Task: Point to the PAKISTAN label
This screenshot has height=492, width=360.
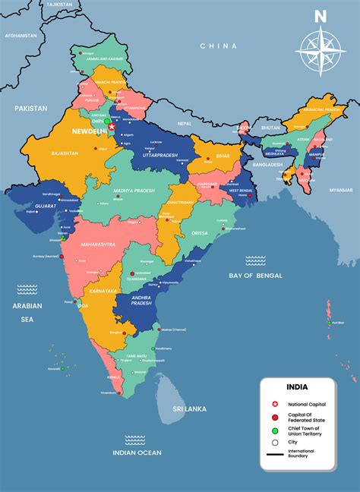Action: point(31,109)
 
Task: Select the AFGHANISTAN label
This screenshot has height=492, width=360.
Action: point(21,36)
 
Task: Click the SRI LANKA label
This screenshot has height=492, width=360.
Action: point(190,409)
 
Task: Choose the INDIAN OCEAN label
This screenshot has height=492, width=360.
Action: point(137,453)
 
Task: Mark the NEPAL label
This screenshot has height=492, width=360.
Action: point(185,123)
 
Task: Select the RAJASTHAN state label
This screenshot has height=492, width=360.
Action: point(65,153)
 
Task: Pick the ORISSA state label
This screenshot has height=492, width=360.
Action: point(199,233)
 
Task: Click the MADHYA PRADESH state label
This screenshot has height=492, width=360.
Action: point(134,191)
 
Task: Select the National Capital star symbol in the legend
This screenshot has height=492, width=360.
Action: point(273,405)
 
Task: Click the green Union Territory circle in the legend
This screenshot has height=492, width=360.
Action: point(273,430)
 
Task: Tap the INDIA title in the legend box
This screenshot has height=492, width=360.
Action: point(297,386)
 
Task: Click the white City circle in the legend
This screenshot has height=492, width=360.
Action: point(273,443)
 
